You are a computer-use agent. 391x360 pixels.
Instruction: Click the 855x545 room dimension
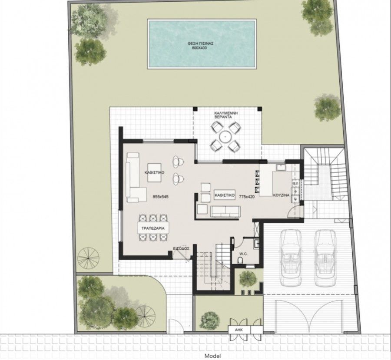[x=160, y=197]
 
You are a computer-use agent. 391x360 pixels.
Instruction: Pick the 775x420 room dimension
[x=246, y=197]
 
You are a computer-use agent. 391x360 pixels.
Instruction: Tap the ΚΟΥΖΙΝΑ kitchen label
[x=281, y=196]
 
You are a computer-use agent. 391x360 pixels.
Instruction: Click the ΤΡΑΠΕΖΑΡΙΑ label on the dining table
[x=150, y=228]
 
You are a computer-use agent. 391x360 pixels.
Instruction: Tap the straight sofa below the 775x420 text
[x=225, y=211]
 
